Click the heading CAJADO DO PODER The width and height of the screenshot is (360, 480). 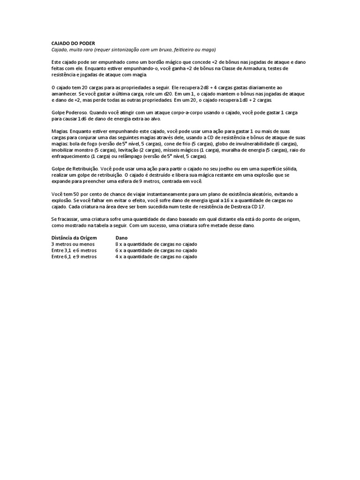[x=73, y=43]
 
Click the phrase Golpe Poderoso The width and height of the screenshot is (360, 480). [x=69, y=112]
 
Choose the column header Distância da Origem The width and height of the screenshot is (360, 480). [x=74, y=238]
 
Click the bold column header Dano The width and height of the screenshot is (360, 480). [x=121, y=238]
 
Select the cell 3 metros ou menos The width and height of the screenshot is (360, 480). [x=73, y=244]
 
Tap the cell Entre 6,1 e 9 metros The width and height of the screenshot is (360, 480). [x=74, y=256]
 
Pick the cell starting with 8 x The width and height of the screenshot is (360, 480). [x=156, y=244]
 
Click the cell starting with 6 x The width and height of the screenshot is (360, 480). [x=156, y=250]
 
